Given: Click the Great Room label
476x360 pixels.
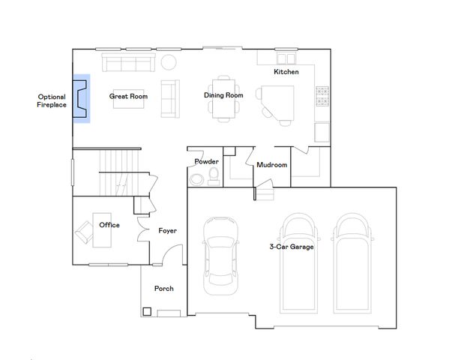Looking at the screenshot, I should (x=128, y=96).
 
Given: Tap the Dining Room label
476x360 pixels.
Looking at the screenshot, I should (x=223, y=95).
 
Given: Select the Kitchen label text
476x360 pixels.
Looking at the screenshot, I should (x=286, y=72).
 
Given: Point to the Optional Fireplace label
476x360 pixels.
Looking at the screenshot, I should (x=52, y=100).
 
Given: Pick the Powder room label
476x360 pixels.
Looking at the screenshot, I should (x=206, y=161).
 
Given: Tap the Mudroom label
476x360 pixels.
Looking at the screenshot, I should (x=271, y=164).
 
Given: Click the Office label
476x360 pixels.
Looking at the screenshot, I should (x=109, y=224).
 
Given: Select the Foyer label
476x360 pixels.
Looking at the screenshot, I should (x=167, y=230).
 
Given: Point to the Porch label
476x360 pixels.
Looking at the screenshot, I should (x=163, y=288).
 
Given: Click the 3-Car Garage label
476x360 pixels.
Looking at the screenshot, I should (x=292, y=246).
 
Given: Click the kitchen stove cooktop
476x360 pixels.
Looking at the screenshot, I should (x=323, y=97).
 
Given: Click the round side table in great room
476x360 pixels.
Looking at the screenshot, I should (x=169, y=61).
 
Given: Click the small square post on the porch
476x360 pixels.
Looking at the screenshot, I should (x=147, y=311).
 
